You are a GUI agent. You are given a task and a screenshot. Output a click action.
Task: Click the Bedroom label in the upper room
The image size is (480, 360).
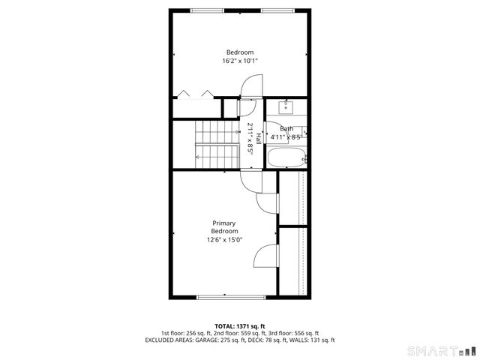point(240,52)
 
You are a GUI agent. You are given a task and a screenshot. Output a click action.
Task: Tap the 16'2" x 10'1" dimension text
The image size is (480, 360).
point(240,61)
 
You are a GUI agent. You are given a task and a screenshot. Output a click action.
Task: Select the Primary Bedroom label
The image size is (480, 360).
point(224,227)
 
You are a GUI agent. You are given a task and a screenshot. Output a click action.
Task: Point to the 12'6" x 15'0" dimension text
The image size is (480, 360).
point(224,240)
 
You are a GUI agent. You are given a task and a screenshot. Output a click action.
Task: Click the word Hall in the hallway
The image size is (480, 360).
point(259,138)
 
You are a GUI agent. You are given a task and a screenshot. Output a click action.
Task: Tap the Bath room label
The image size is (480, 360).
point(286,129)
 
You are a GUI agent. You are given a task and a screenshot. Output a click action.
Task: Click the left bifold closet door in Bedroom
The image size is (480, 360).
point(184,94)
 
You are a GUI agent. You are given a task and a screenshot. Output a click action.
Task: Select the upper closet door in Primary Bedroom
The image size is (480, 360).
point(266,202)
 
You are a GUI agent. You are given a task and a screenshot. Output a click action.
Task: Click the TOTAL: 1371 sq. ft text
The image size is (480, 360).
point(240,326)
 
